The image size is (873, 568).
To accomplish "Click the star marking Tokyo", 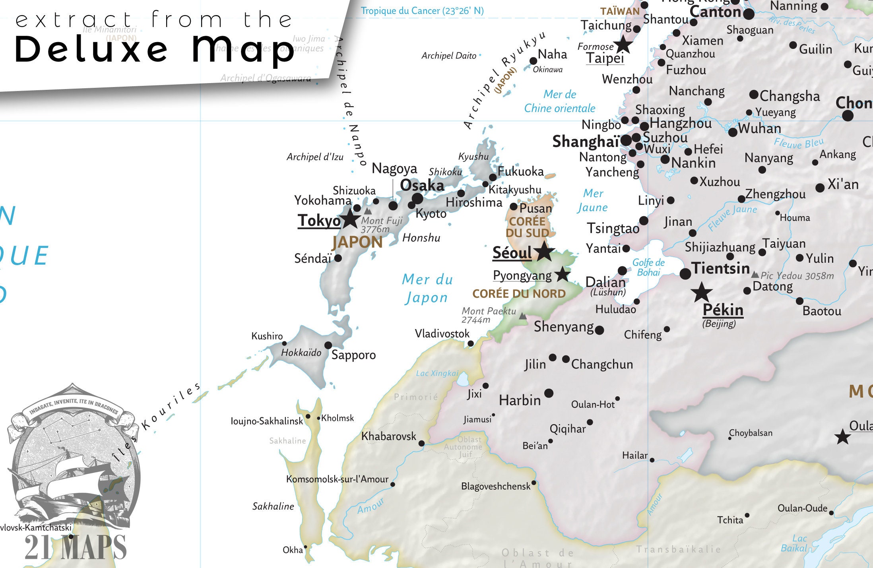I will [350, 219].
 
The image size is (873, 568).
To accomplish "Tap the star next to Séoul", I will [544, 251].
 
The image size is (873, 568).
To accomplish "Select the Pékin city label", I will [723, 310].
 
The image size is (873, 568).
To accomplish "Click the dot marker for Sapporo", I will [328, 345].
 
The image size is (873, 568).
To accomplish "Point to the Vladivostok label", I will [442, 333].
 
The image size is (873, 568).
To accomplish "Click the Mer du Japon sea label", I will [427, 288].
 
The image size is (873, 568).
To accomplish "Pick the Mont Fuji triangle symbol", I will [368, 211].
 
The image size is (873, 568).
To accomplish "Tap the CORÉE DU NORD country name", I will [518, 294].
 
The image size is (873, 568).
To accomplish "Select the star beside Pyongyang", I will [562, 274].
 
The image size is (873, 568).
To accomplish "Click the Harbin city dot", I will [549, 393].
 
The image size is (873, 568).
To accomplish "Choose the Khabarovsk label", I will [388, 436].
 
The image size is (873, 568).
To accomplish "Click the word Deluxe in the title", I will [91, 49].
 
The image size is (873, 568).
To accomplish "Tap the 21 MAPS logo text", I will [76, 547].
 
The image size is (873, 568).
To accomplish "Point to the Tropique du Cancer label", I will [422, 11].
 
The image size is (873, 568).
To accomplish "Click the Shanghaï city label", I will [585, 142].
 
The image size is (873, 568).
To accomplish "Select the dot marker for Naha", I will [533, 61].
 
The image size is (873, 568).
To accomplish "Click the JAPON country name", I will [357, 242].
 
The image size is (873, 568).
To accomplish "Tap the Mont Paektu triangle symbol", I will [523, 316].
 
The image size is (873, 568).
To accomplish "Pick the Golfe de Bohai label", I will [648, 267].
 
